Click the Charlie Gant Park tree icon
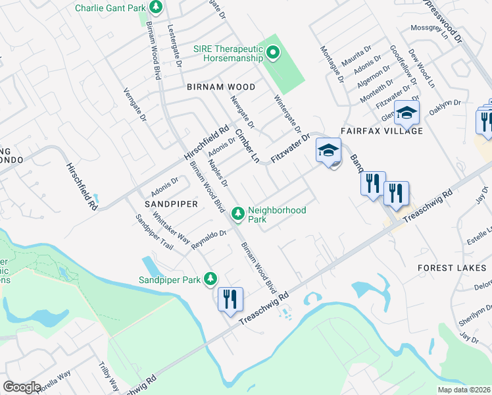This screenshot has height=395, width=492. (x=156, y=8)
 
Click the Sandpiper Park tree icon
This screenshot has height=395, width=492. (x=210, y=279)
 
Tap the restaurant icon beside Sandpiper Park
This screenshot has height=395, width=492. (x=230, y=300)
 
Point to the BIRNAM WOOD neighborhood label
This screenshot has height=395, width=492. (x=220, y=87)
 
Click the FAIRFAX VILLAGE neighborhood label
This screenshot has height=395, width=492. (x=381, y=131)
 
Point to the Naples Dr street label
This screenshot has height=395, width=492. (x=217, y=172)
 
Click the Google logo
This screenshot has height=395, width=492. (x=22, y=387)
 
